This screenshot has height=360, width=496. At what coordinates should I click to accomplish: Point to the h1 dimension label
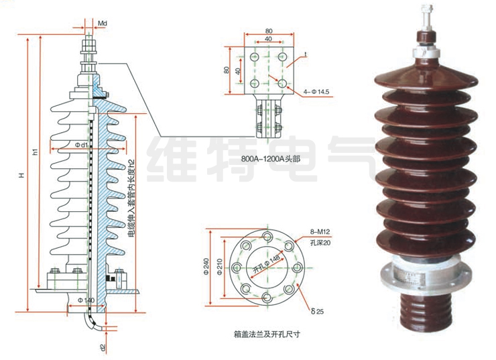click(35, 152)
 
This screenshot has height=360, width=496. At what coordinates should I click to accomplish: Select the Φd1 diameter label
click(82, 145)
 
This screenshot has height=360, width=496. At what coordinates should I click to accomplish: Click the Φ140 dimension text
click(86, 298)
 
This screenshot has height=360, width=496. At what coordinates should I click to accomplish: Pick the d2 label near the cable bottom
click(101, 348)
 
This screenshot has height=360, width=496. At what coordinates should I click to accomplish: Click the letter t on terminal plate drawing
click(305, 53)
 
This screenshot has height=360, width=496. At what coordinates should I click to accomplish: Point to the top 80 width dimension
click(269, 31)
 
